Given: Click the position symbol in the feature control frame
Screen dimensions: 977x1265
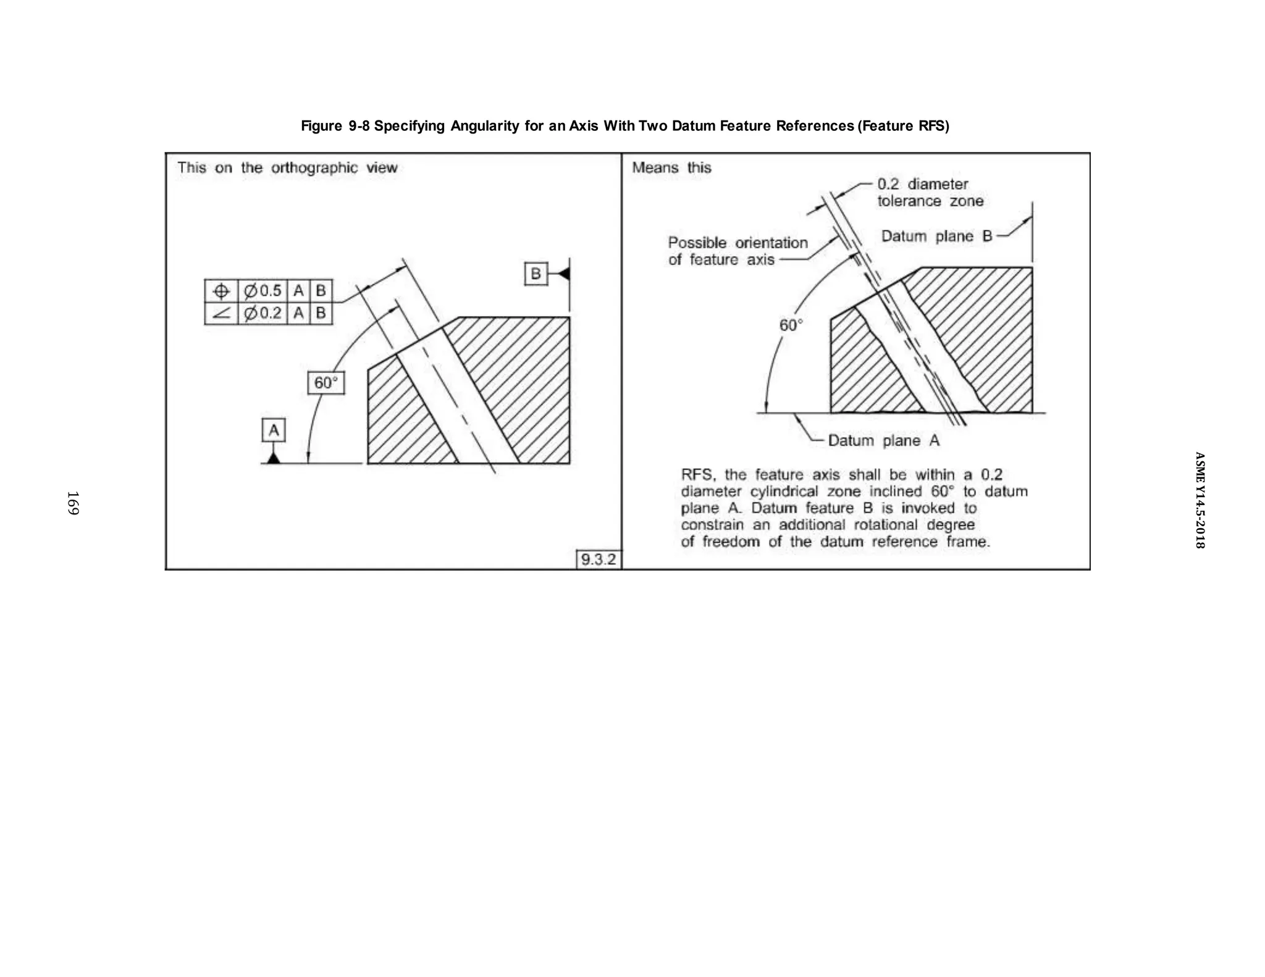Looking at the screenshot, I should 221,291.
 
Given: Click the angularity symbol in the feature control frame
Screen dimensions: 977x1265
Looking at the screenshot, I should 221,313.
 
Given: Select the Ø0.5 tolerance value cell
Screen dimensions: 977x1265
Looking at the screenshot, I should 263,291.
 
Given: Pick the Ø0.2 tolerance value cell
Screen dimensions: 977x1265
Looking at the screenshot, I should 263,313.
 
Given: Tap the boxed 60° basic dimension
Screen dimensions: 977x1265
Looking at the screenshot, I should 326,383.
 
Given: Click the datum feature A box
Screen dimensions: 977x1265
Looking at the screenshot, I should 274,430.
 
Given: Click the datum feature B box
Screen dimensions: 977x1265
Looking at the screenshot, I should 536,274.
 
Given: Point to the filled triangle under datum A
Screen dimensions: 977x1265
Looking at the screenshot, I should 274,458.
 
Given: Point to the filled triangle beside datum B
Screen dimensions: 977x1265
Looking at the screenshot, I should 563,274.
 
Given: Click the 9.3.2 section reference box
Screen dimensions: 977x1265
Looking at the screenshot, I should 598,560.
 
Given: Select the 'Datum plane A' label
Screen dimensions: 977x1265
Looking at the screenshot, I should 883,440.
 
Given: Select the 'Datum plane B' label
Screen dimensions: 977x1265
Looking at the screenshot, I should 936,236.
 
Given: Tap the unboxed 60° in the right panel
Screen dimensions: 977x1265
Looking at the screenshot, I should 791,325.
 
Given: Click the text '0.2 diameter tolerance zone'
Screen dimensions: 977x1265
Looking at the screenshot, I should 930,192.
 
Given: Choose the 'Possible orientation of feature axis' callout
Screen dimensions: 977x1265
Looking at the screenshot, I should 738,251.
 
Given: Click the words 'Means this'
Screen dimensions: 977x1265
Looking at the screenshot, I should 671,167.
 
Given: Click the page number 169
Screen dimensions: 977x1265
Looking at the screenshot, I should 73,503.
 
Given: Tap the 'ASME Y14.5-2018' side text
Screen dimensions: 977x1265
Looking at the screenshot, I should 1200,500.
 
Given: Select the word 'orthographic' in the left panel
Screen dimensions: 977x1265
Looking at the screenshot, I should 314,167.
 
